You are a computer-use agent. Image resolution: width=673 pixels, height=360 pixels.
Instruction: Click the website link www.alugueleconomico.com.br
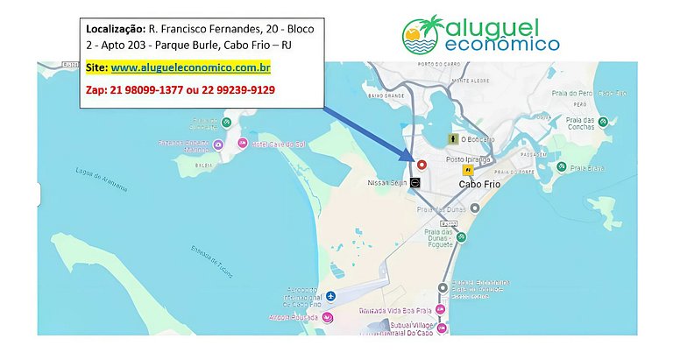[x=190, y=67]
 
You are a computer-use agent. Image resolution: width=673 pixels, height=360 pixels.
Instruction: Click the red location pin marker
[x=422, y=164]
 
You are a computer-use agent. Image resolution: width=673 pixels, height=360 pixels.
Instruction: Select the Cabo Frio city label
[x=480, y=186]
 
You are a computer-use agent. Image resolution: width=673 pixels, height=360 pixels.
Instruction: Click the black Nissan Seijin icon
[x=415, y=182]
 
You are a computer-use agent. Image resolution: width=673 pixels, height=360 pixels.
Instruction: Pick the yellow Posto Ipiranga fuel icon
[x=469, y=170]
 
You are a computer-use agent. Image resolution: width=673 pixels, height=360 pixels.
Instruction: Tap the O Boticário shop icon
[x=453, y=138]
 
